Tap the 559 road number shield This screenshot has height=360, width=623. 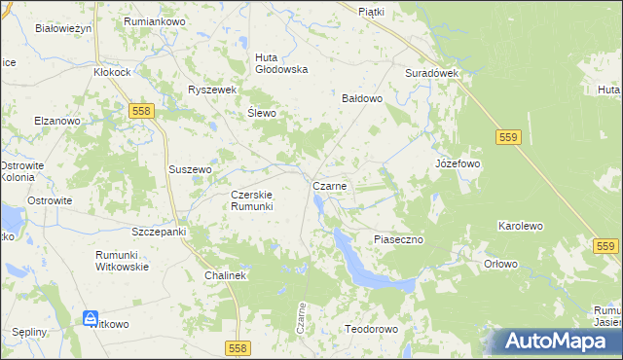click(506, 138)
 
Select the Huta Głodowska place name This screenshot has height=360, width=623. click(281, 62)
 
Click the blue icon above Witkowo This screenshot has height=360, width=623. click(90, 318)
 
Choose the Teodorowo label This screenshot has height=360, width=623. click(372, 329)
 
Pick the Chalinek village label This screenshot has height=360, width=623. click(227, 276)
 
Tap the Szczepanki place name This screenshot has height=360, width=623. click(159, 233)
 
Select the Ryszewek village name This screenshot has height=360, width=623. click(213, 90)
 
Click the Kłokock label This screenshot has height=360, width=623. click(112, 72)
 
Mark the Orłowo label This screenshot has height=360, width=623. click(500, 264)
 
